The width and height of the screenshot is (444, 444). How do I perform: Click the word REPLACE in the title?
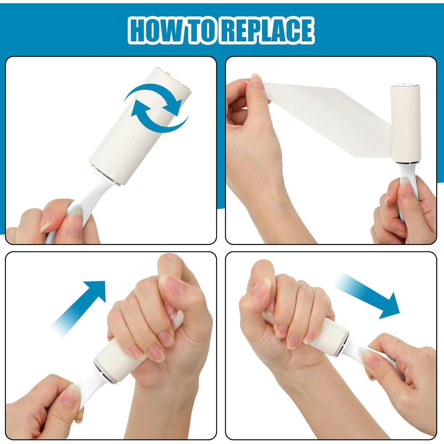click(267, 30)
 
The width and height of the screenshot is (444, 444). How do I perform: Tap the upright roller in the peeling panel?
click(406, 124)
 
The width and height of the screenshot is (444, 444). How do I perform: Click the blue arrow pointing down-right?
click(370, 296)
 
